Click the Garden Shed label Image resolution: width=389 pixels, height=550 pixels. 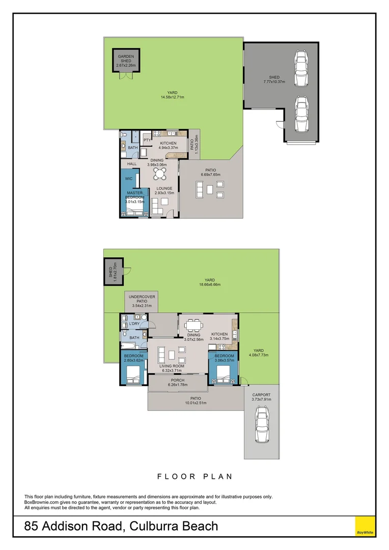[x=125, y=59]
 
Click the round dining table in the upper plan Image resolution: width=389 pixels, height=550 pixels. [x=160, y=174]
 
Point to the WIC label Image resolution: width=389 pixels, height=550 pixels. [x=129, y=179]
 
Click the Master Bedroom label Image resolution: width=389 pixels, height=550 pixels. [x=135, y=195]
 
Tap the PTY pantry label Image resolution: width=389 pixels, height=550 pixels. [x=147, y=140]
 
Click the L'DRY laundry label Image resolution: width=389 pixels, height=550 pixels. [x=134, y=324]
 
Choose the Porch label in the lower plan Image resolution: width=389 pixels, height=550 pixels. [x=178, y=380]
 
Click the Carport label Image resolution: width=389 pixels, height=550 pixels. [x=262, y=395]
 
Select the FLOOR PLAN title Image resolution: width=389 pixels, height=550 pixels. [x=194, y=477]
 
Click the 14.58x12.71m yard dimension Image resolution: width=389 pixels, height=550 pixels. [x=172, y=97]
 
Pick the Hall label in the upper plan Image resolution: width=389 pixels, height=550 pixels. [x=132, y=164]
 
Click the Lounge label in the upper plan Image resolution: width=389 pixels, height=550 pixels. [x=164, y=188]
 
